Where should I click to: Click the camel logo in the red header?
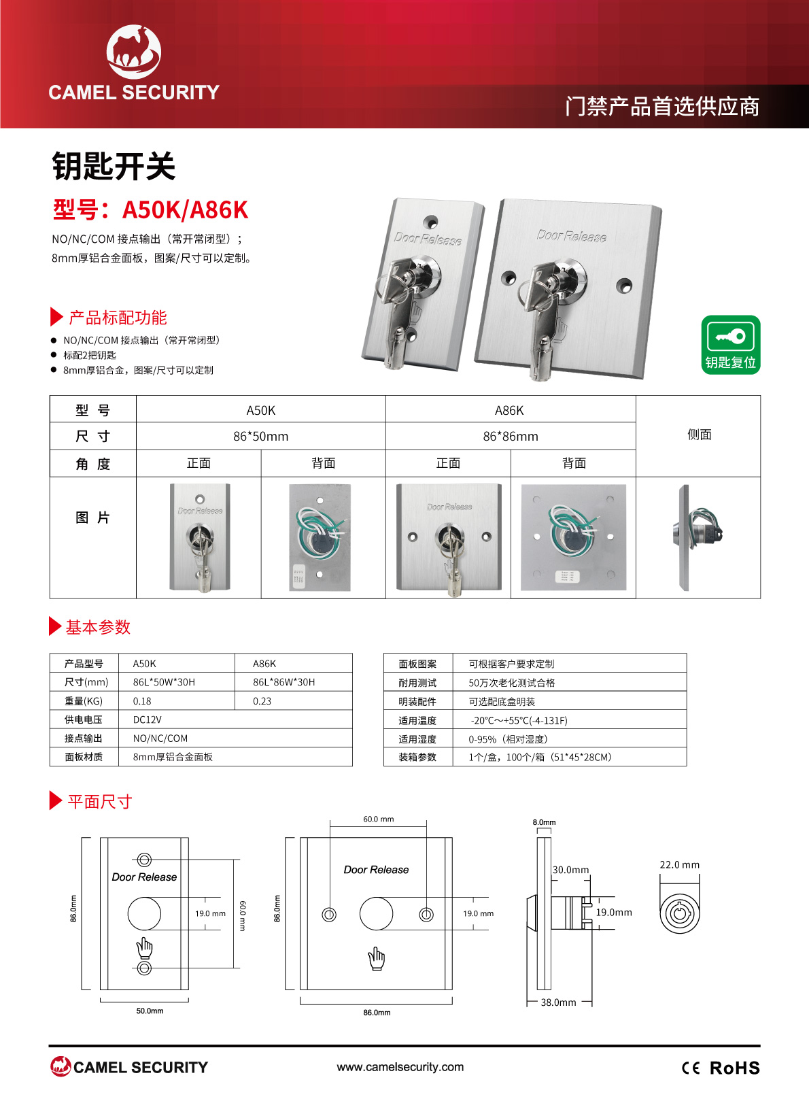134,52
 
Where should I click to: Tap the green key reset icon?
731,345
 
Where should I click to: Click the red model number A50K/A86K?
185,210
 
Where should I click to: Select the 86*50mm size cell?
261,436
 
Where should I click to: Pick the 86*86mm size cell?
511,436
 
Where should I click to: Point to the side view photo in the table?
698,537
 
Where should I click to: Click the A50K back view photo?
320,537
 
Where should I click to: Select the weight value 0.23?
262,701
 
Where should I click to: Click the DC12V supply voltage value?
147,720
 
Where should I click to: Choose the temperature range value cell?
519,720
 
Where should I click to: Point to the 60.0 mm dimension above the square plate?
379,819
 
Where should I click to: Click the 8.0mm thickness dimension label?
545,822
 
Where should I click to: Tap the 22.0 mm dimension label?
680,864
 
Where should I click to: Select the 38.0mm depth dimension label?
558,1002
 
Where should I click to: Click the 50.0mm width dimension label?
150,1011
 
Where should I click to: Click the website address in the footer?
400,1066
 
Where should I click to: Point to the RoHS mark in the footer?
734,1068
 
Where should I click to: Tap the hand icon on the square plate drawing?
377,959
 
